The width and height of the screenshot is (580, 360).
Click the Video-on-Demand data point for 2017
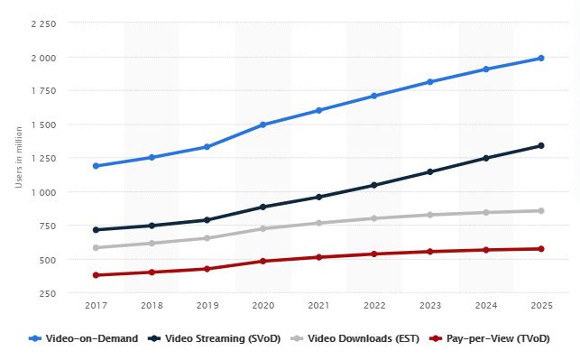point(96,166)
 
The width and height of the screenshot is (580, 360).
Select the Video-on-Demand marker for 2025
point(541,58)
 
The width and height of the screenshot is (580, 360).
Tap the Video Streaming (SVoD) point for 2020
point(262,207)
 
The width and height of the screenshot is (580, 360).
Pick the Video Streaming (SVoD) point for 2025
point(541,145)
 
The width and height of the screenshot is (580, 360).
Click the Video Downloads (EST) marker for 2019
point(207,238)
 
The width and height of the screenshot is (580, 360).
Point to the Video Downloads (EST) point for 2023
point(429,215)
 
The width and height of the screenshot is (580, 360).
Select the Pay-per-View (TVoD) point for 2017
point(96,275)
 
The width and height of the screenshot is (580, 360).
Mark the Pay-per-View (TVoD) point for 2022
point(374,254)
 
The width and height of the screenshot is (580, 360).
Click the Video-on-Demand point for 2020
point(262,125)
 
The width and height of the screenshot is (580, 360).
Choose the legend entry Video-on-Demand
point(90,338)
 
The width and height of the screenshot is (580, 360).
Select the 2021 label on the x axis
point(318,307)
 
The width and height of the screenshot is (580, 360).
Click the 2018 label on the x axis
point(152,307)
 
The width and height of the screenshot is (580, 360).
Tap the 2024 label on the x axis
point(485,307)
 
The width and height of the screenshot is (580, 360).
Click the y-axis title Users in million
point(18,159)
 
